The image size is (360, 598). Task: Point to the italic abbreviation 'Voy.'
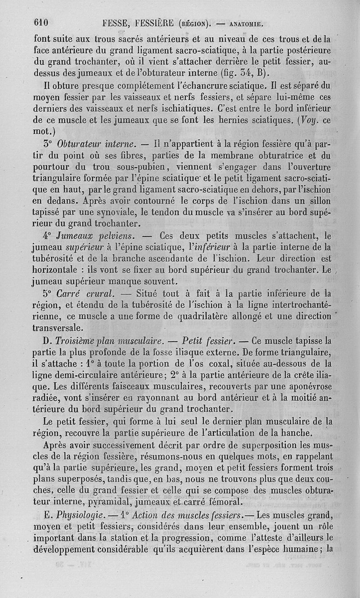pyautogui.click(x=310, y=120)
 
